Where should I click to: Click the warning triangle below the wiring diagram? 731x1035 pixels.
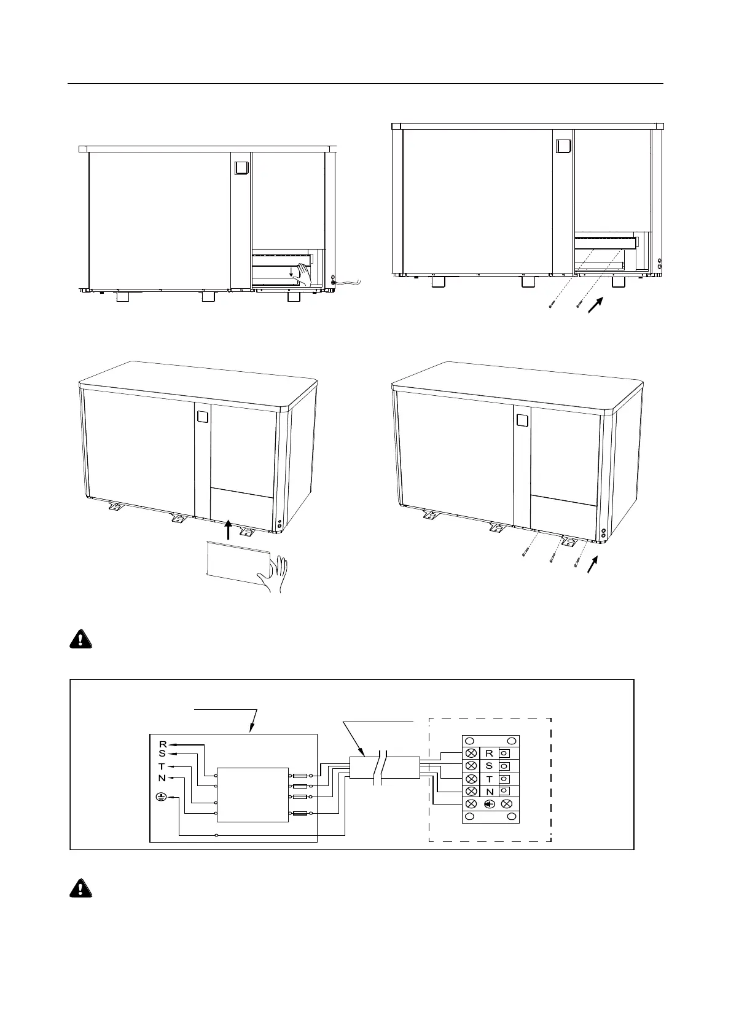click(80, 889)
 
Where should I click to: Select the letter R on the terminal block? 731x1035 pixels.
click(489, 753)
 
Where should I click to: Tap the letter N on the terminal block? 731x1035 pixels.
click(490, 792)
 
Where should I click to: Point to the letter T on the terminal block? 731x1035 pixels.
click(490, 779)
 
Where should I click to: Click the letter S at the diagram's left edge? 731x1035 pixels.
click(162, 754)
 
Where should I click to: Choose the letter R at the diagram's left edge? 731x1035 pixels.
click(163, 744)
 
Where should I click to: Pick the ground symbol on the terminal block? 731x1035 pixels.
click(490, 804)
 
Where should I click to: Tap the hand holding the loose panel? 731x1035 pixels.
click(274, 575)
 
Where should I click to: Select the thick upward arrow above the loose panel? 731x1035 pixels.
click(228, 529)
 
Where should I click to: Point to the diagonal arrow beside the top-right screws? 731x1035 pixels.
click(595, 305)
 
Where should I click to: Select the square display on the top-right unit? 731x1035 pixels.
click(563, 146)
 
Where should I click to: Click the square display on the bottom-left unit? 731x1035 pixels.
click(203, 417)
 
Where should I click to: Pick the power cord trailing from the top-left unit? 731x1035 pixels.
click(349, 282)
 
